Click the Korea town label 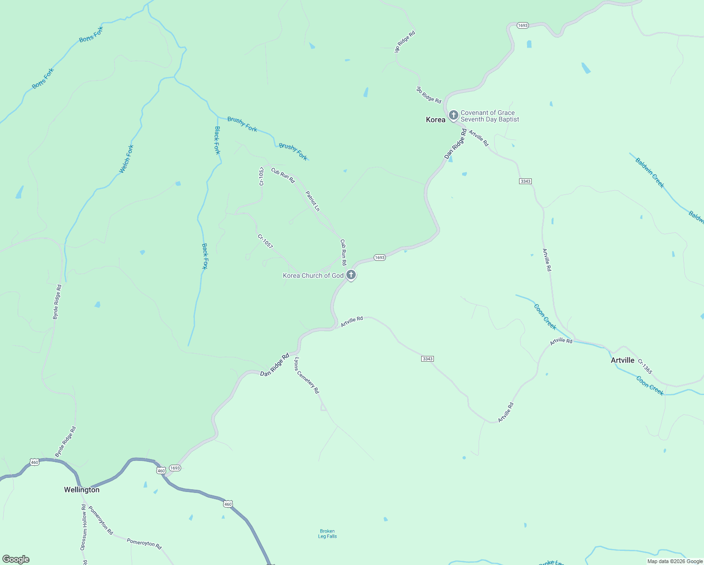point(435,120)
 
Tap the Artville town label point(622,360)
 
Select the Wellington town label point(82,490)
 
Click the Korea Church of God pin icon point(351,274)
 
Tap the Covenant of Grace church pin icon point(453,115)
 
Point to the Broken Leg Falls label point(328,533)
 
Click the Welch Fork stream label point(127,159)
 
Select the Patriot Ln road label point(312,201)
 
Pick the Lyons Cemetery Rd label point(307,375)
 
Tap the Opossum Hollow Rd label point(83,527)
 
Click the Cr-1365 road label point(645,367)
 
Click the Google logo point(16,559)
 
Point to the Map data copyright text point(675,561)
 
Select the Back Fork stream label point(204,256)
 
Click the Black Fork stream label point(217,140)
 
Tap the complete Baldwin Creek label point(649,173)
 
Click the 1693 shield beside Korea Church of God point(380,258)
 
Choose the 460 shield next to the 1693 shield point(161,471)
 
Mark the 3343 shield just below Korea point(526,181)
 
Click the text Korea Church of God point(313,275)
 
